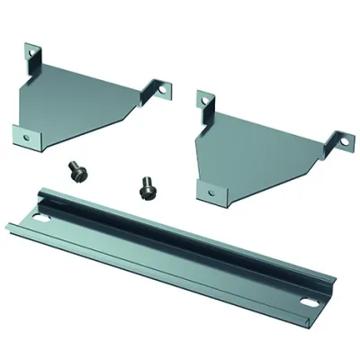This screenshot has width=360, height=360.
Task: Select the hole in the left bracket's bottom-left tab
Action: (x=27, y=137)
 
